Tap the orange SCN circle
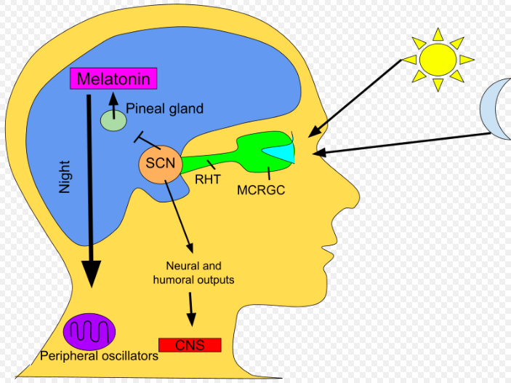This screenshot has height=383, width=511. [x=159, y=162]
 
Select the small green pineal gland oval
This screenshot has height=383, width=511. [x=113, y=120]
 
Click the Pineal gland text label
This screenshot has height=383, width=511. [x=165, y=109]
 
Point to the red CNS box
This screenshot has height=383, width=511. [x=189, y=345]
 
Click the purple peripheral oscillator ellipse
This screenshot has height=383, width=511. [x=89, y=332]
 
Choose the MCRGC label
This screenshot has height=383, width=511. [x=258, y=190]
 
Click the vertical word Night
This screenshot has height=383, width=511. [x=65, y=177]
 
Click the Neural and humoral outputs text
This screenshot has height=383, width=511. [x=193, y=272]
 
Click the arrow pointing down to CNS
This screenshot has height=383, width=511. [x=192, y=309]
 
